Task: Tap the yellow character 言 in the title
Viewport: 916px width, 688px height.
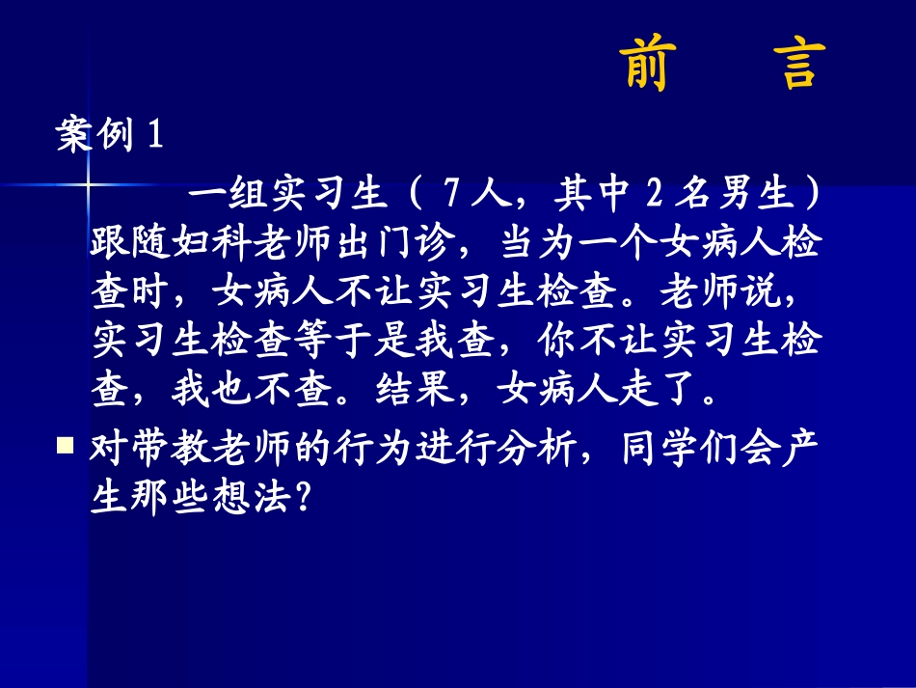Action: point(799,65)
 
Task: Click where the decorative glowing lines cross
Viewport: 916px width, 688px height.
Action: point(88,184)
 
